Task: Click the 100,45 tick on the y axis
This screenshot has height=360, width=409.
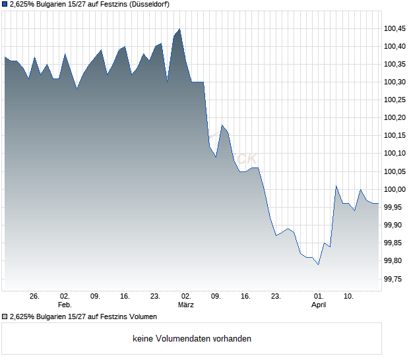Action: pos(394,28)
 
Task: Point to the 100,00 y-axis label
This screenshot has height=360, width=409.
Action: pos(394,190)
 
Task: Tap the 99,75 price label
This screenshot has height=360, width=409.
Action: pos(394,280)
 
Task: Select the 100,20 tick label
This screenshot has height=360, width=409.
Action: pos(394,118)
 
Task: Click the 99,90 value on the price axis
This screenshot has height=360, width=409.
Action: pos(394,225)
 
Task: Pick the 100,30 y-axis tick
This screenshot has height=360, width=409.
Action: pos(394,82)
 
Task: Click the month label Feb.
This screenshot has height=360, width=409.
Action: pos(64,305)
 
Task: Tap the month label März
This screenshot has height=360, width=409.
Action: pos(185,305)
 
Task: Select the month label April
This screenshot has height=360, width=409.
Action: pos(319,305)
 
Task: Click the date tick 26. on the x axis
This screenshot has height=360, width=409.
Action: pos(35,297)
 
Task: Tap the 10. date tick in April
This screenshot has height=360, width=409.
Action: pos(349,297)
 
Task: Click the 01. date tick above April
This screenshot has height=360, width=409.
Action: pos(319,297)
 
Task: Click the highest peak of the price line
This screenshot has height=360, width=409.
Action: pos(179,29)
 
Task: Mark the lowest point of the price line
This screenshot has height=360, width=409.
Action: pos(318,264)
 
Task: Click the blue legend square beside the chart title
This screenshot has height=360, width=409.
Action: pos(5,5)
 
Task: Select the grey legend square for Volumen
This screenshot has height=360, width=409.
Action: pos(5,316)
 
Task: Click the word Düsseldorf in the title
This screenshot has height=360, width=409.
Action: pos(149,5)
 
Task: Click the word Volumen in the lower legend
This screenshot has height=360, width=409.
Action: pos(142,316)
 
